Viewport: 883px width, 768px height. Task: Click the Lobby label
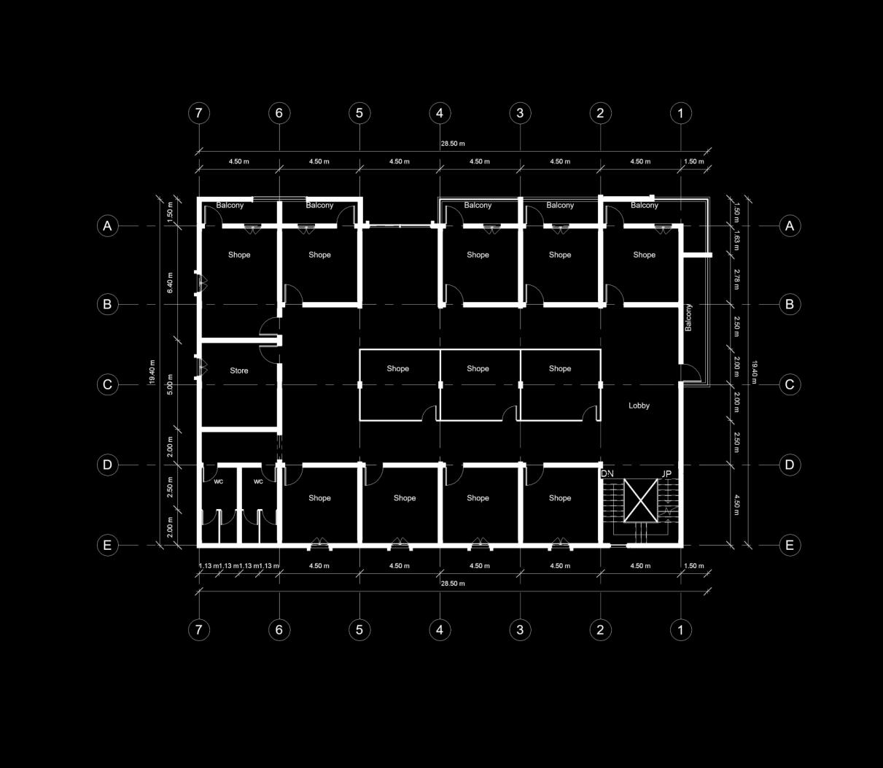[x=639, y=406]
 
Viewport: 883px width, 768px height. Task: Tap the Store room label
[x=239, y=371]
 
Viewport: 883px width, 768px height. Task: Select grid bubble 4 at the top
[x=440, y=113]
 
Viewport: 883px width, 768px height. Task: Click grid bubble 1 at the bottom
[x=680, y=629]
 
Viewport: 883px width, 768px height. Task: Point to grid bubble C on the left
[x=107, y=384]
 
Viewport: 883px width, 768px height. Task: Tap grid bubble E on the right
[x=789, y=545]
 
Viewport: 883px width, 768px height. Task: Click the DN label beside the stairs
[x=607, y=474]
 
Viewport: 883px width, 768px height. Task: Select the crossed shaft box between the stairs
[x=640, y=500]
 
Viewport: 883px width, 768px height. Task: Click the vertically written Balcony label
[x=688, y=317]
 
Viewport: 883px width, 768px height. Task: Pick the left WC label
[x=219, y=481]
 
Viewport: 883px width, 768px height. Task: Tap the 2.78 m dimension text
[x=736, y=279]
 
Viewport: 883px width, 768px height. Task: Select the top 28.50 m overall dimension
[x=452, y=144]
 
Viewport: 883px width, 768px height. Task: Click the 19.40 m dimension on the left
[x=152, y=372]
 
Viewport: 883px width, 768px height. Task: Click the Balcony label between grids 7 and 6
[x=230, y=206]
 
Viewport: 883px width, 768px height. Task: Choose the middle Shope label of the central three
[x=478, y=368]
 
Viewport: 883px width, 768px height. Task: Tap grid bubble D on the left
[x=107, y=465]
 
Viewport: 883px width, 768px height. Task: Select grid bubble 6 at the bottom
[x=279, y=629]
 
